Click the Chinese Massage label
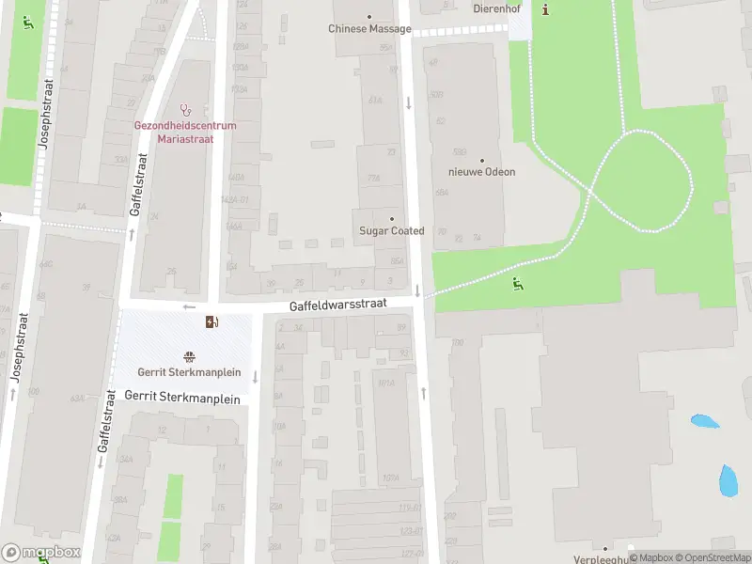tap(369, 28)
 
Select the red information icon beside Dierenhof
tap(547, 9)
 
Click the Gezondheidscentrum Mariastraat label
tap(185, 131)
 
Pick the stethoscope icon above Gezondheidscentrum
tap(185, 110)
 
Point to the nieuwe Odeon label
tap(481, 172)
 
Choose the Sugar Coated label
tap(392, 230)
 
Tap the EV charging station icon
tap(213, 322)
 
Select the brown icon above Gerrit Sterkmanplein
tap(190, 356)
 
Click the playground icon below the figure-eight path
tap(516, 283)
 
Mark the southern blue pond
tap(728, 480)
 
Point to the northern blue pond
tap(704, 421)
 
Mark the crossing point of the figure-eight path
tap(590, 191)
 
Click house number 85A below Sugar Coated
tap(397, 260)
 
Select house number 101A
tap(385, 383)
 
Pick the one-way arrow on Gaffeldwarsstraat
tap(189, 306)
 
